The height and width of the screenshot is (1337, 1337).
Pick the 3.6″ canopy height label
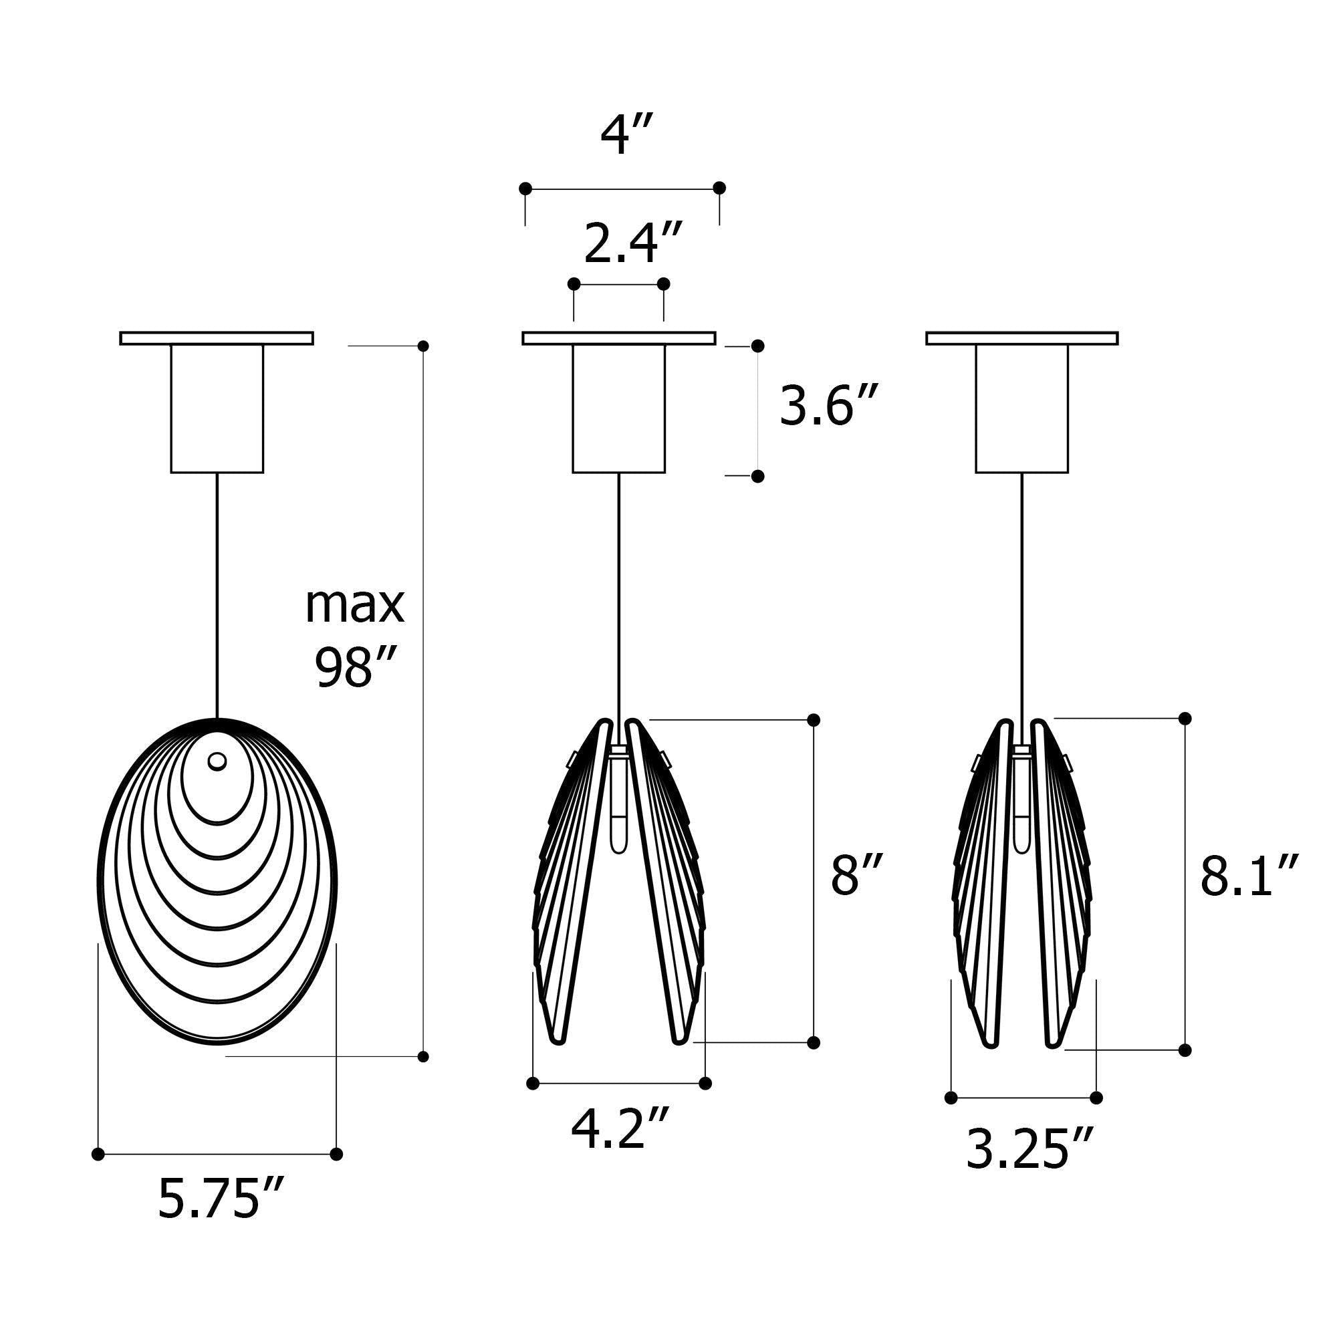(829, 406)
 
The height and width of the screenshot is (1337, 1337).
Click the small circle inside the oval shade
(217, 761)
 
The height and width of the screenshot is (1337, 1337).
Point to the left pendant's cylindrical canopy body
(217, 408)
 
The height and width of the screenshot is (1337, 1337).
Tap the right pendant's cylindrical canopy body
(1021, 408)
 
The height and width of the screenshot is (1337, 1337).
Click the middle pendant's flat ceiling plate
(618, 338)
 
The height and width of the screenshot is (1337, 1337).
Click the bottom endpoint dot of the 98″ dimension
(424, 1056)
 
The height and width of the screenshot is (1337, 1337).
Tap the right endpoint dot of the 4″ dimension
(719, 188)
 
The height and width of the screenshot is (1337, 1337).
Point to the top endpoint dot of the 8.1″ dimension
(1185, 719)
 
